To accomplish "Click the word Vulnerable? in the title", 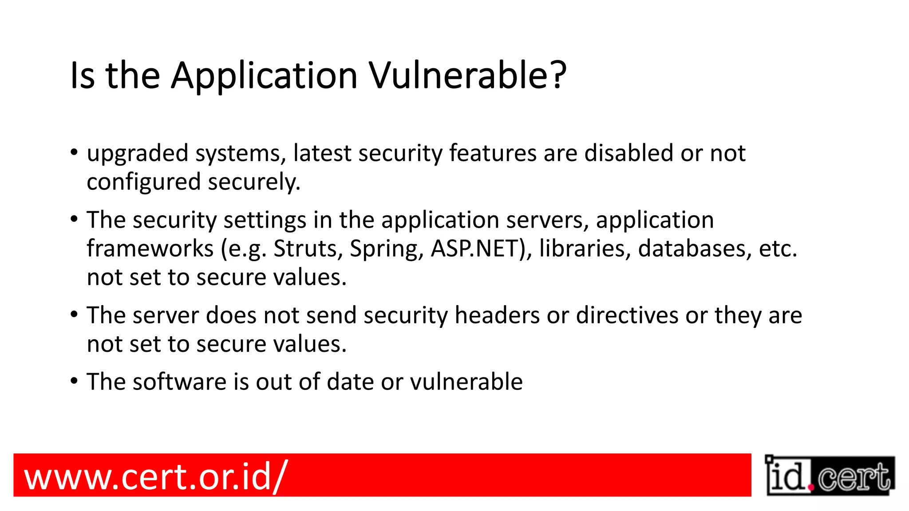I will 468,75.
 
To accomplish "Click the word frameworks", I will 150,248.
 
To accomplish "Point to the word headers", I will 497,315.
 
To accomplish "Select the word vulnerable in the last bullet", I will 466,382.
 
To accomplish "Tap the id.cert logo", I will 830,476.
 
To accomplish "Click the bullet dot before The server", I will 75,314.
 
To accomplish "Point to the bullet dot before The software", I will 75,381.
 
